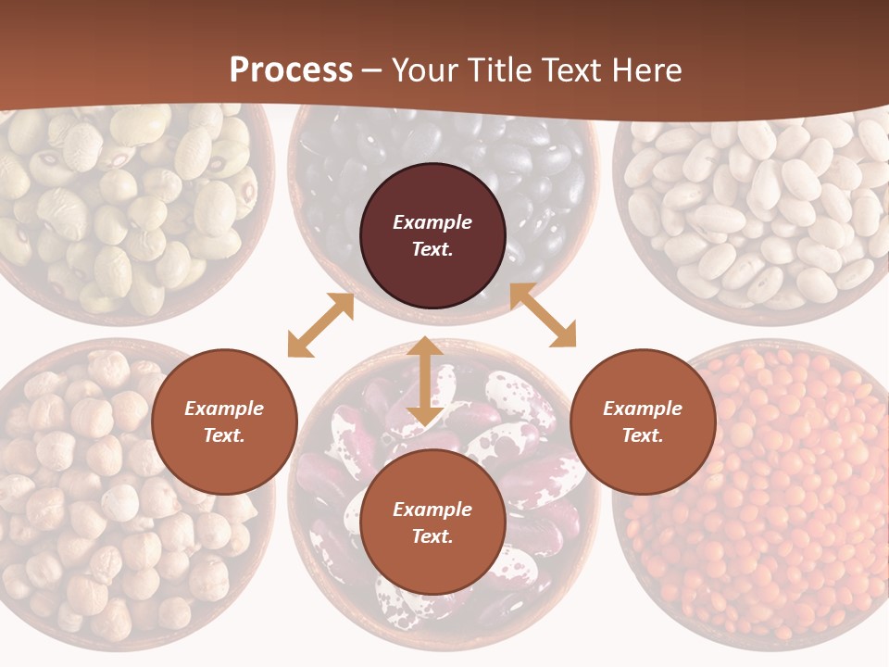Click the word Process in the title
tap(291, 70)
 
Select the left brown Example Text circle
tap(224, 422)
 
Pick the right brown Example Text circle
tap(643, 422)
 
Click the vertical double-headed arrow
tap(425, 381)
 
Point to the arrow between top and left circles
tap(320, 325)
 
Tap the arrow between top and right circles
tap(543, 315)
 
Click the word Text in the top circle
tap(432, 250)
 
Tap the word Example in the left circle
tap(224, 409)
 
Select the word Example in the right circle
tap(643, 409)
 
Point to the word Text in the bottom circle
tap(432, 536)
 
